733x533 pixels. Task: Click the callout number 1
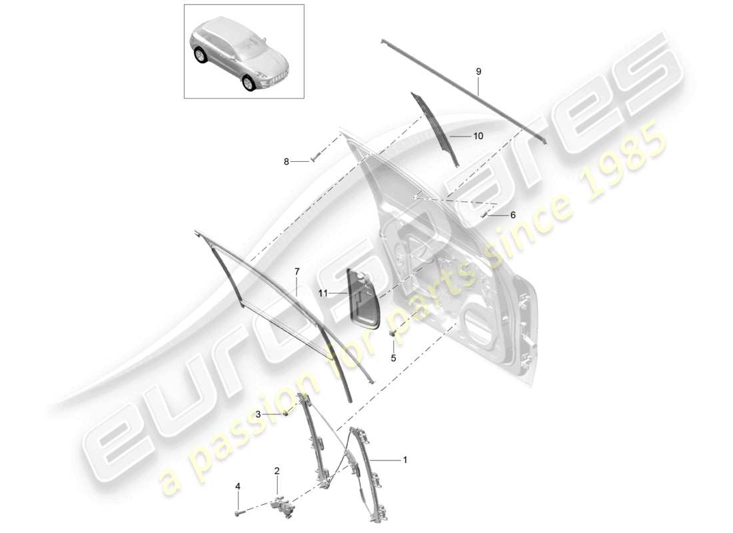point(404,460)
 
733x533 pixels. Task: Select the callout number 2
point(277,471)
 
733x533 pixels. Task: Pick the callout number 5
point(393,358)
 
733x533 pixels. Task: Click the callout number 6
point(512,215)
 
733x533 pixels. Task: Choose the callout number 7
point(297,271)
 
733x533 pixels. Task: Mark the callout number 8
point(287,161)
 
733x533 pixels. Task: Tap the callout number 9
point(478,71)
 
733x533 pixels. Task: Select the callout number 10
point(478,136)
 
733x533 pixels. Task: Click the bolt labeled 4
point(238,513)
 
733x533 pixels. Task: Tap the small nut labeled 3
point(287,414)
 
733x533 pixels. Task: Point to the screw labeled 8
point(315,159)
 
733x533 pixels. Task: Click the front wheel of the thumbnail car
point(248,82)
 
